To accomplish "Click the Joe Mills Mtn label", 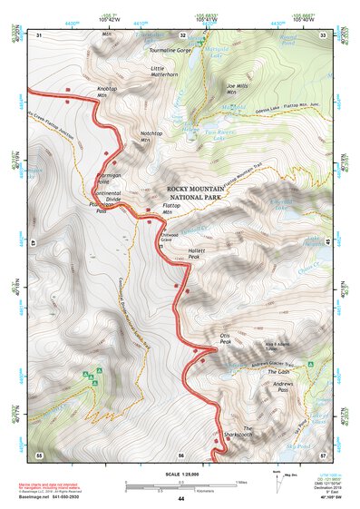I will pyautogui.click(x=237, y=88).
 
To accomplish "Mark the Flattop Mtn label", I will pyautogui.click(x=173, y=209).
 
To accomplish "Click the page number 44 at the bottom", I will pyautogui.click(x=180, y=500).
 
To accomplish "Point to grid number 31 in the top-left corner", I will pyautogui.click(x=38, y=34).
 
